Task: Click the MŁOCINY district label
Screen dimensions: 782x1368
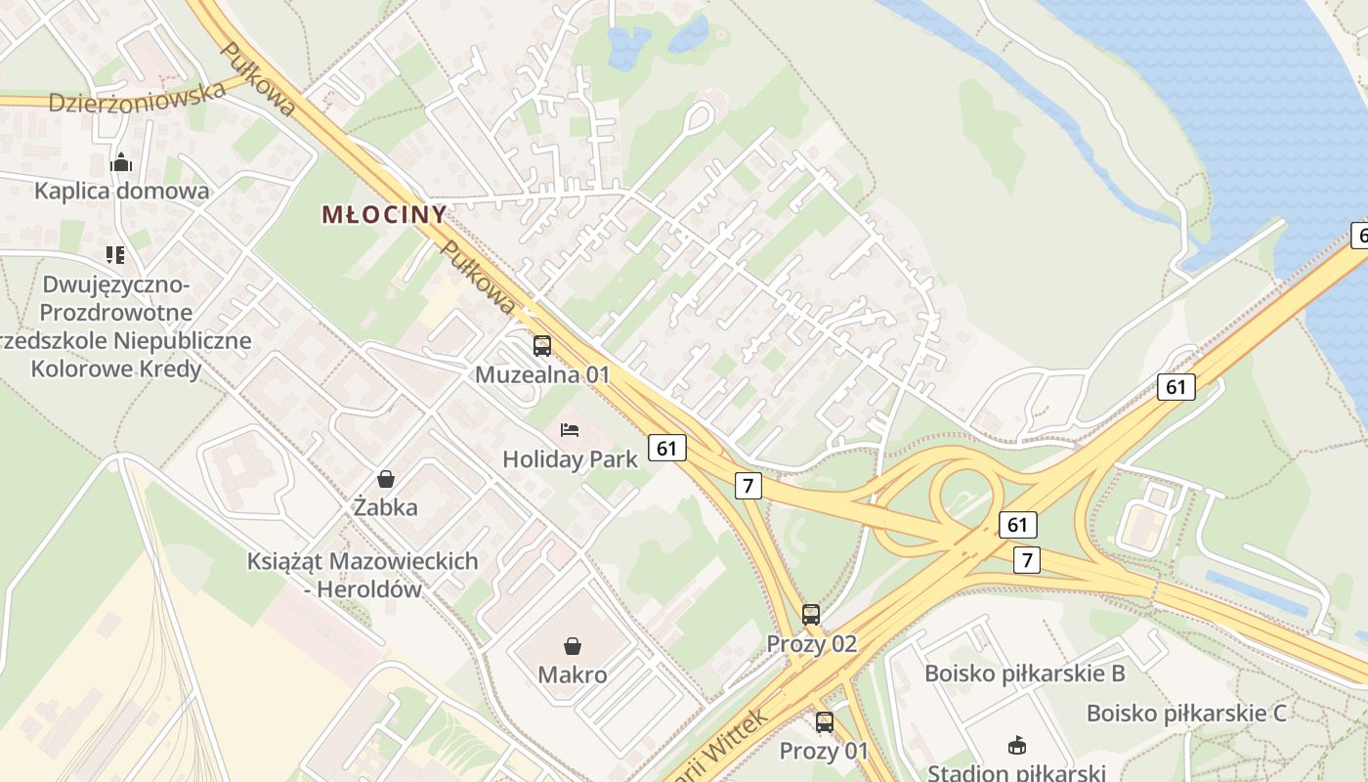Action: tap(384, 214)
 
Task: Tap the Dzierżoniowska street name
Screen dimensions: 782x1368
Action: tap(137, 99)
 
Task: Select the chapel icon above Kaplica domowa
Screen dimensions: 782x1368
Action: tap(121, 162)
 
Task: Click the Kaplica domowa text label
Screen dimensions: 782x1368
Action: tap(121, 191)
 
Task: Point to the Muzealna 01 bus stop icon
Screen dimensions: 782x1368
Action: tap(542, 346)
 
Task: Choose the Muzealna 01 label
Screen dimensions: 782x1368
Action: tap(542, 374)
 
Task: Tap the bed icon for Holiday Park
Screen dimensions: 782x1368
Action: tap(570, 430)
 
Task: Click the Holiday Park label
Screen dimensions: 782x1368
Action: tap(570, 458)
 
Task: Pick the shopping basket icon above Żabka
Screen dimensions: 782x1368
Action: tap(386, 479)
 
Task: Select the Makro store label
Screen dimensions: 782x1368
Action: tap(573, 674)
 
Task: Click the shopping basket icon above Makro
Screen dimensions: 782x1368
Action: tap(573, 646)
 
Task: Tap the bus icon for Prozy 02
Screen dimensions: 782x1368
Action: tap(811, 615)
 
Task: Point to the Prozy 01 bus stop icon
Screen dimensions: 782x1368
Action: tap(825, 722)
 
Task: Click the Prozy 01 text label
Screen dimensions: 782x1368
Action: tap(824, 751)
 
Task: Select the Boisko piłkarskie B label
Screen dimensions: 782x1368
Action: tap(1025, 673)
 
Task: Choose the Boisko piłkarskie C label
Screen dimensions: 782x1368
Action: tap(1186, 713)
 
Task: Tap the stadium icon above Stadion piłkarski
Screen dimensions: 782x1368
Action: tap(1016, 746)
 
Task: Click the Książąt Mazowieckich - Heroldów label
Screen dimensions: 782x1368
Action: tap(363, 575)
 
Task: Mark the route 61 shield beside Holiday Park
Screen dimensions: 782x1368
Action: tap(666, 448)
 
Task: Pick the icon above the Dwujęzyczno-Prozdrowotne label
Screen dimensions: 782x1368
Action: tap(115, 256)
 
